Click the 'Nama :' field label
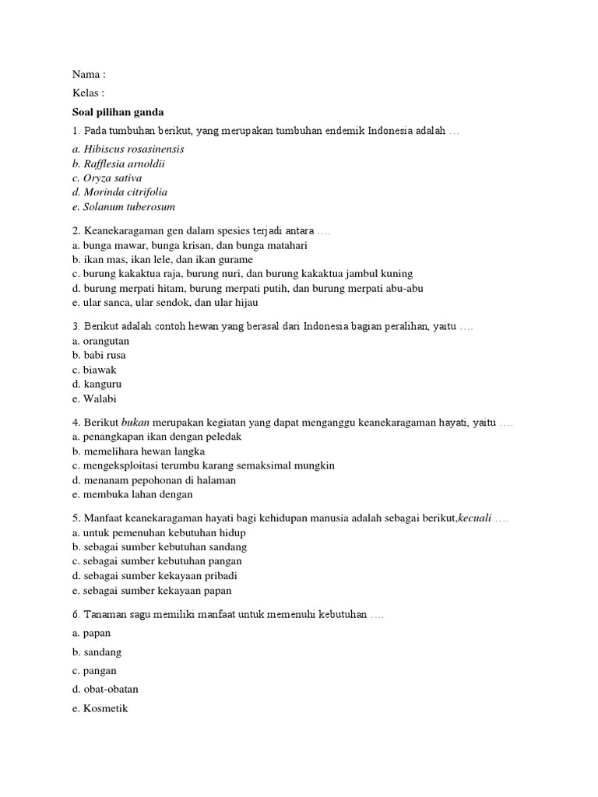tap(88, 75)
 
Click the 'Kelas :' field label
tap(88, 93)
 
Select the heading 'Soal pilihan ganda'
tap(118, 112)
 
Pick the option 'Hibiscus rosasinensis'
tap(128, 149)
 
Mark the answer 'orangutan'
tap(101, 341)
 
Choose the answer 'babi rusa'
tap(100, 356)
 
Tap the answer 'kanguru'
tap(97, 384)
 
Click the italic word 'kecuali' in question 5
tap(475, 518)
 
